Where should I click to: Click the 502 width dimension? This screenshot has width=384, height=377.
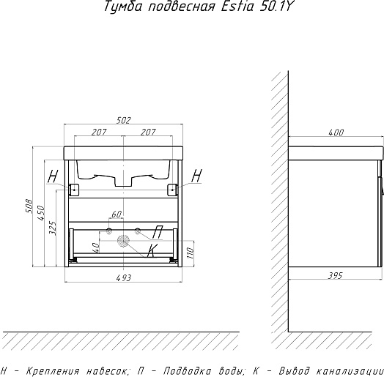[x=124, y=120]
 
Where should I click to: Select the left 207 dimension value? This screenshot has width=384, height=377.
[x=99, y=132]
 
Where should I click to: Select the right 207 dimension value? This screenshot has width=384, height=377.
[x=148, y=132]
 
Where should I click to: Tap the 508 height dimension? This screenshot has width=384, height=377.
[x=29, y=206]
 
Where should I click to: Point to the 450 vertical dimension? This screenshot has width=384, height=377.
[x=41, y=213]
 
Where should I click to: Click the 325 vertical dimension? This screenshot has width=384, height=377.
[x=53, y=228]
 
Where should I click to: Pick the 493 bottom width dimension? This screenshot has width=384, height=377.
[x=124, y=277]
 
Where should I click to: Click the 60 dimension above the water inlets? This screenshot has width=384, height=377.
[x=117, y=214]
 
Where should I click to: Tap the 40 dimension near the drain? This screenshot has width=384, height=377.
[x=96, y=248]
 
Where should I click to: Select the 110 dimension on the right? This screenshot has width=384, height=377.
[x=191, y=253]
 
